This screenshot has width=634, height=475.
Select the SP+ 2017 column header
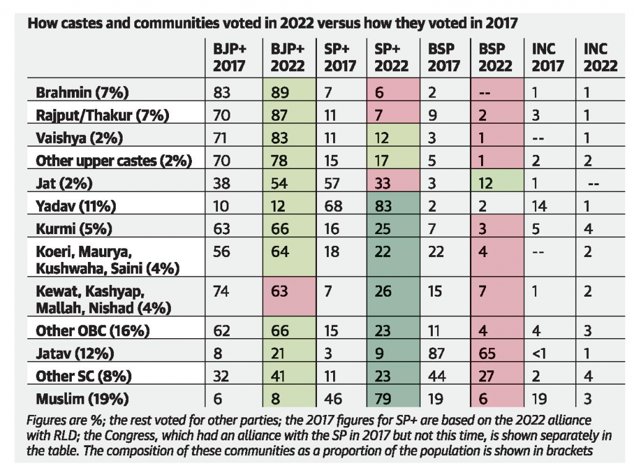tap(337, 58)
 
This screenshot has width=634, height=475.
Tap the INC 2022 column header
tap(596, 58)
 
